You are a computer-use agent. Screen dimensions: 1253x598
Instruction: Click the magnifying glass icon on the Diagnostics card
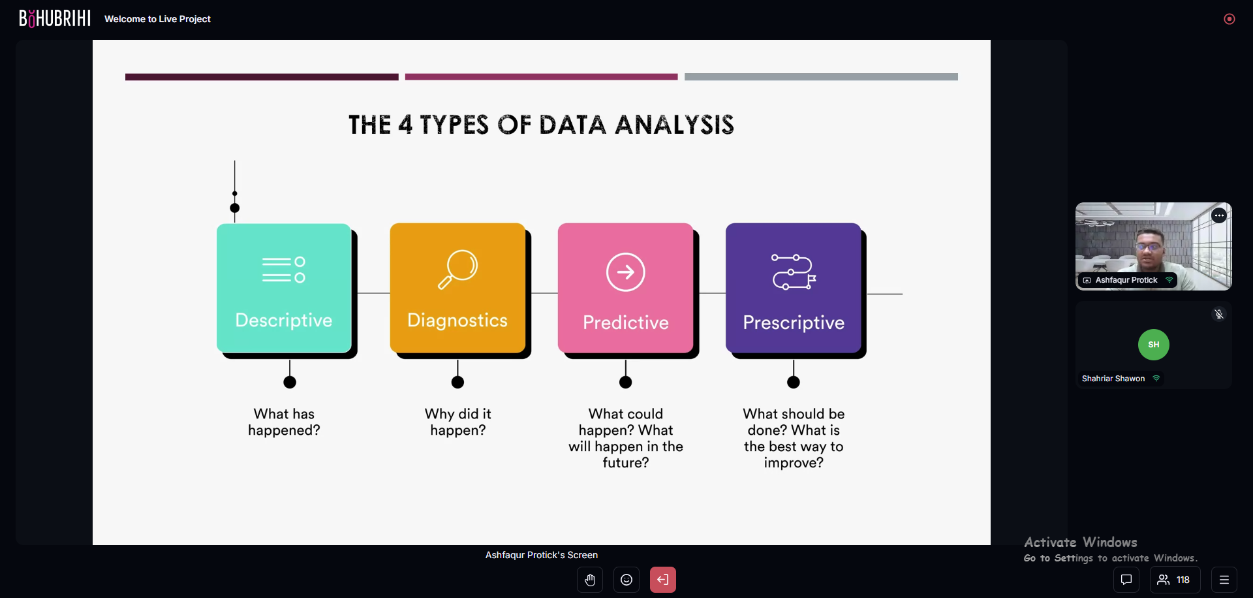[457, 269]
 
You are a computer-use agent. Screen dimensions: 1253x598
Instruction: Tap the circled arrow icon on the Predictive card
[625, 272]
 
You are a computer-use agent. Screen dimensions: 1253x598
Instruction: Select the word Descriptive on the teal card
[284, 321]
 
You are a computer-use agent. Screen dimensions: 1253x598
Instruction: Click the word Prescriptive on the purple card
[794, 323]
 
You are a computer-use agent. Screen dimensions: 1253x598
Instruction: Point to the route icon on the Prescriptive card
[794, 272]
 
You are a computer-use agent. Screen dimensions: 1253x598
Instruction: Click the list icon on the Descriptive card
[284, 270]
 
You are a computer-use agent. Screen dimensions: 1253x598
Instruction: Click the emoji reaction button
[626, 580]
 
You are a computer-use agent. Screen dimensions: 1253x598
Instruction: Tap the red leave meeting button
[663, 580]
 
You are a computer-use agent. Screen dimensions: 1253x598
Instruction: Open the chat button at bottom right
[1126, 580]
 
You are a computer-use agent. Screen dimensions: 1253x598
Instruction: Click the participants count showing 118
[1175, 580]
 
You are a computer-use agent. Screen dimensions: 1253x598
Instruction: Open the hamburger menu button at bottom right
[1224, 580]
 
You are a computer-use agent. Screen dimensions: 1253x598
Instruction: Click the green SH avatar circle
[1154, 345]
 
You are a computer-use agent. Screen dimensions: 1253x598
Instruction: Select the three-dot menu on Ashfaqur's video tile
[1219, 215]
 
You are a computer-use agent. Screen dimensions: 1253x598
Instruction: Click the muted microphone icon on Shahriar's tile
[1219, 314]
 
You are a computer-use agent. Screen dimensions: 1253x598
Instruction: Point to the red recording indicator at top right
[1230, 19]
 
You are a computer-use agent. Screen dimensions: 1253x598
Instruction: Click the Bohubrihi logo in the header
[55, 18]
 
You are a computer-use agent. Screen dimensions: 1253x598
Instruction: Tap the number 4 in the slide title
[405, 125]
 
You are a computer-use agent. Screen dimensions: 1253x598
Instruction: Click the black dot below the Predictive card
[626, 383]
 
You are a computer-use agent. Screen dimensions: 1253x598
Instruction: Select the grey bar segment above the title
[821, 77]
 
